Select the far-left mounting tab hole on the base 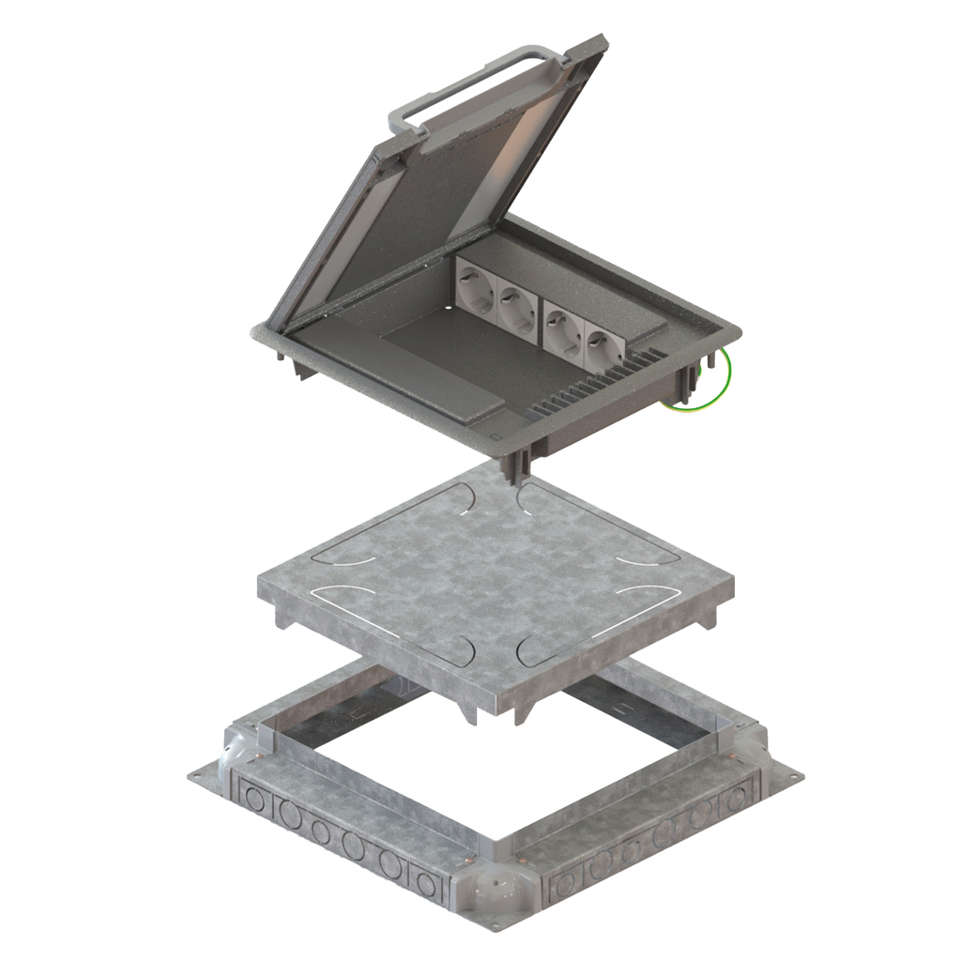(x=198, y=776)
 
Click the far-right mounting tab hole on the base (x=794, y=777)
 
